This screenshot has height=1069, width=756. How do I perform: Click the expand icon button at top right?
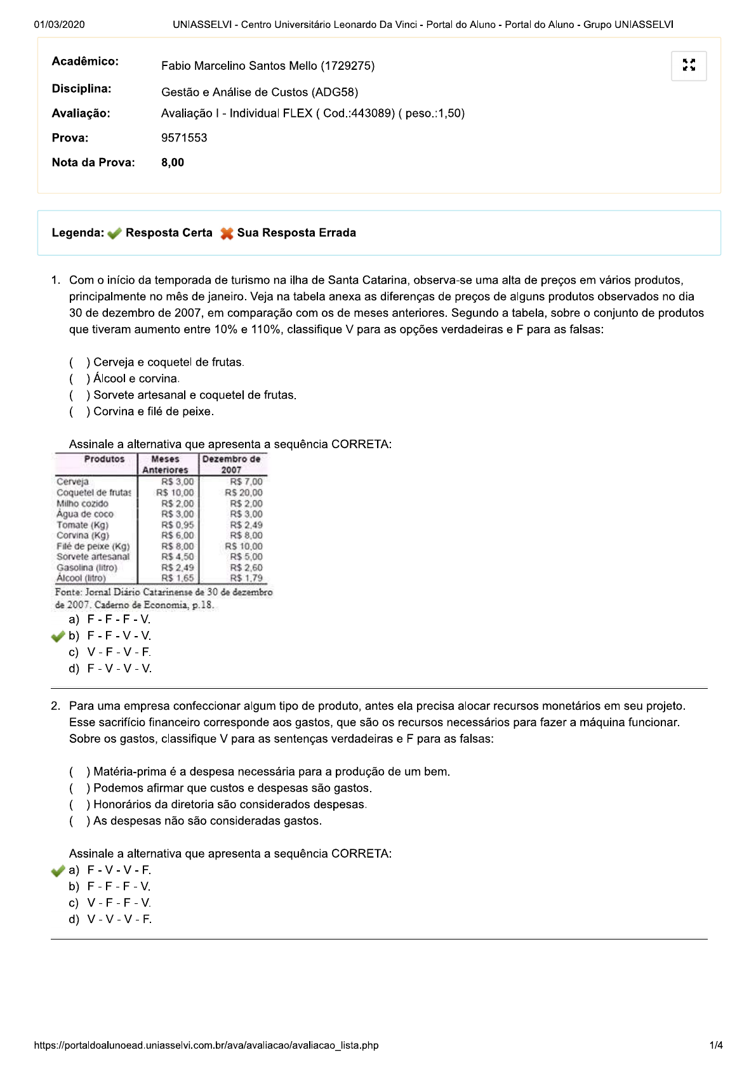click(689, 65)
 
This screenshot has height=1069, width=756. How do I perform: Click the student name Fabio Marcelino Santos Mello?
click(267, 66)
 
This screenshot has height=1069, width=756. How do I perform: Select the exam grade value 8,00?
click(173, 163)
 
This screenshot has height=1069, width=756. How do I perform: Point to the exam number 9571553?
click(184, 138)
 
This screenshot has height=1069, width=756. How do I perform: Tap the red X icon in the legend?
click(227, 234)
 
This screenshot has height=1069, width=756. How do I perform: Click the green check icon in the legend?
click(114, 234)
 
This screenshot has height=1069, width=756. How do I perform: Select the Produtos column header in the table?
click(104, 460)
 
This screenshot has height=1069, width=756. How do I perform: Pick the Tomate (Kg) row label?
click(83, 525)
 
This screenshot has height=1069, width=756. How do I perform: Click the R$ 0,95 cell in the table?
click(177, 525)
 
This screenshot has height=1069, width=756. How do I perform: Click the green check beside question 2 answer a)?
click(58, 871)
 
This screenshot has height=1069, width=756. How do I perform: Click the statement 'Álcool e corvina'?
click(135, 379)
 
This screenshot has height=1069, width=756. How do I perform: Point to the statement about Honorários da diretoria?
click(229, 805)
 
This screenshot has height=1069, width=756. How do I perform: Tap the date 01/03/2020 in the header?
click(60, 25)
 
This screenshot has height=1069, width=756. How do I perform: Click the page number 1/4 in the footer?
click(716, 1046)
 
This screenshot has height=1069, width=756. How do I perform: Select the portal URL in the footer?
click(206, 1046)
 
